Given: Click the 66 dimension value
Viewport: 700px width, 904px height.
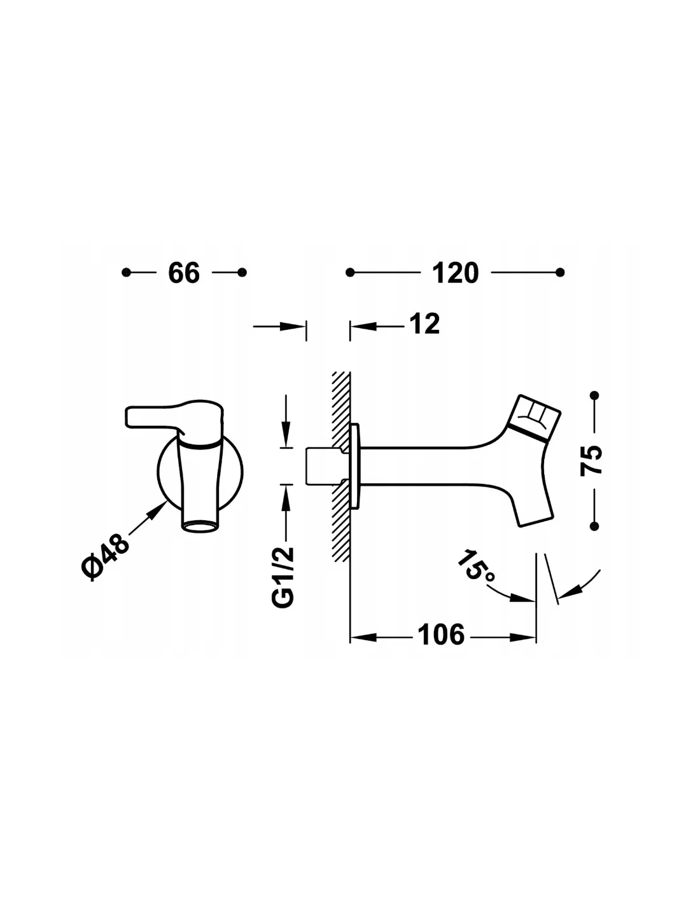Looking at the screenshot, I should (x=184, y=273).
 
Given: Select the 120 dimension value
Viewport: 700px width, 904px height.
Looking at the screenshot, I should (x=455, y=273).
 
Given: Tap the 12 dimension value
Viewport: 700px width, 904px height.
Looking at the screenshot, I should (x=424, y=324).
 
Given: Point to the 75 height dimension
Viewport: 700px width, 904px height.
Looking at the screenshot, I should (x=591, y=460).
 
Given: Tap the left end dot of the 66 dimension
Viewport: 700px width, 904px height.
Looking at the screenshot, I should (x=126, y=273).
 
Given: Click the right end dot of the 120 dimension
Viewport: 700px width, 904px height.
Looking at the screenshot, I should (x=560, y=273).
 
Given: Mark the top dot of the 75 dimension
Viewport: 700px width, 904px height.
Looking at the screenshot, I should (x=594, y=395).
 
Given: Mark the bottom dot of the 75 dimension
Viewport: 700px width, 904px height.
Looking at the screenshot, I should (x=594, y=526).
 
